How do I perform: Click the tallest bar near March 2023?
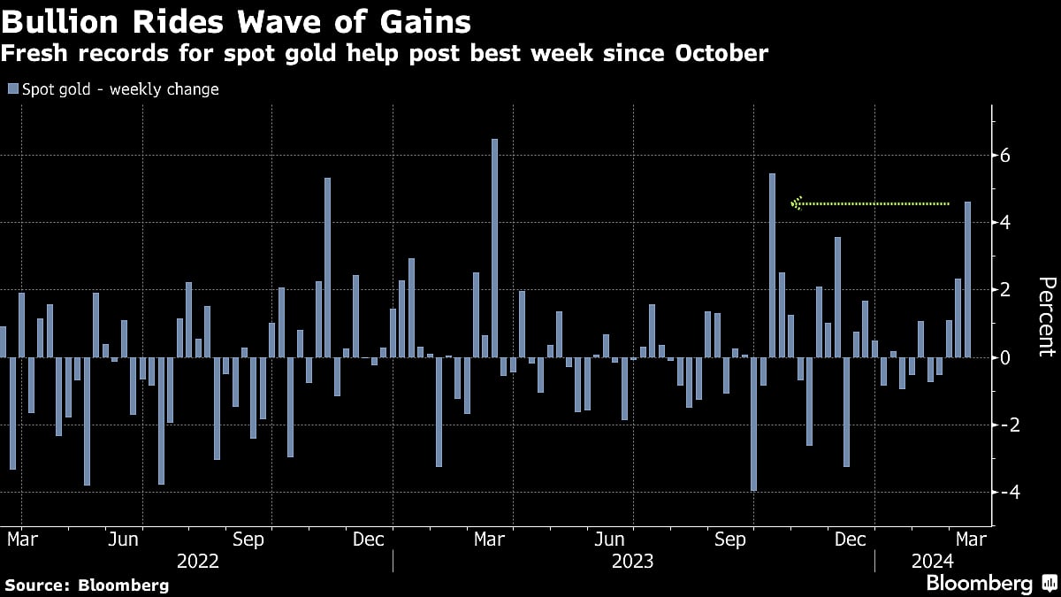[494, 249]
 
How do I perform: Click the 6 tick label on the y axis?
[1005, 156]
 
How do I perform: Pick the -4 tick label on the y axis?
[1001, 492]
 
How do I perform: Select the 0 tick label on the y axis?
[1005, 357]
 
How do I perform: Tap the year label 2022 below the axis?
[199, 561]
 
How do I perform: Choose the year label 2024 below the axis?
[932, 561]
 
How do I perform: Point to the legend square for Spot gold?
[12, 89]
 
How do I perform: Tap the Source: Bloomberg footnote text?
[86, 585]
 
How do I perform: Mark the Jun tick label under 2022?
[122, 539]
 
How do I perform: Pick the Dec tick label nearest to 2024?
[850, 539]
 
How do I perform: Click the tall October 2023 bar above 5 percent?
[772, 265]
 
